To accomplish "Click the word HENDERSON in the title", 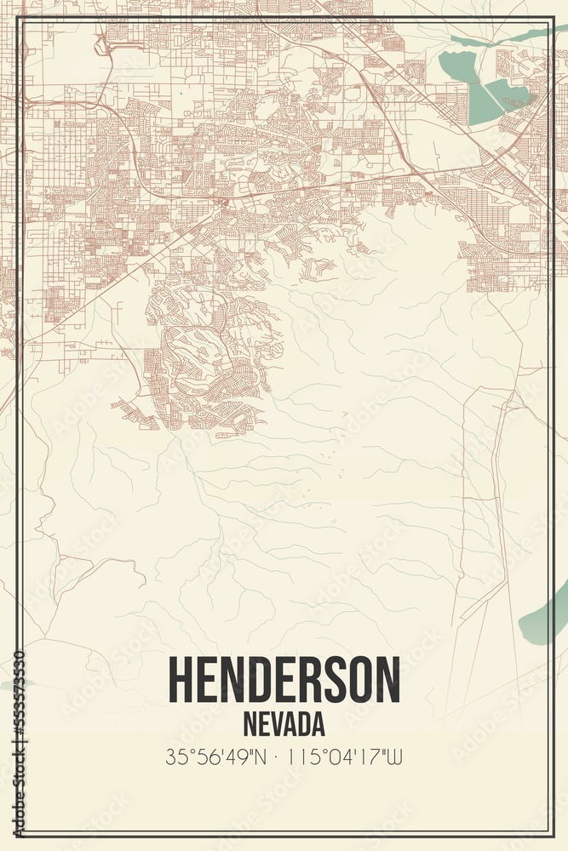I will (284, 680).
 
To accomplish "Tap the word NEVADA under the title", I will (284, 724).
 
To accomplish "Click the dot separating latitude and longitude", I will (275, 755).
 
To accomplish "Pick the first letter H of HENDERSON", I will (181, 680).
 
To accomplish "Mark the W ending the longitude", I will (393, 755).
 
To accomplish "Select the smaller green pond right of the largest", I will (509, 95).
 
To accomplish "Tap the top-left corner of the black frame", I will (17, 17).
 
